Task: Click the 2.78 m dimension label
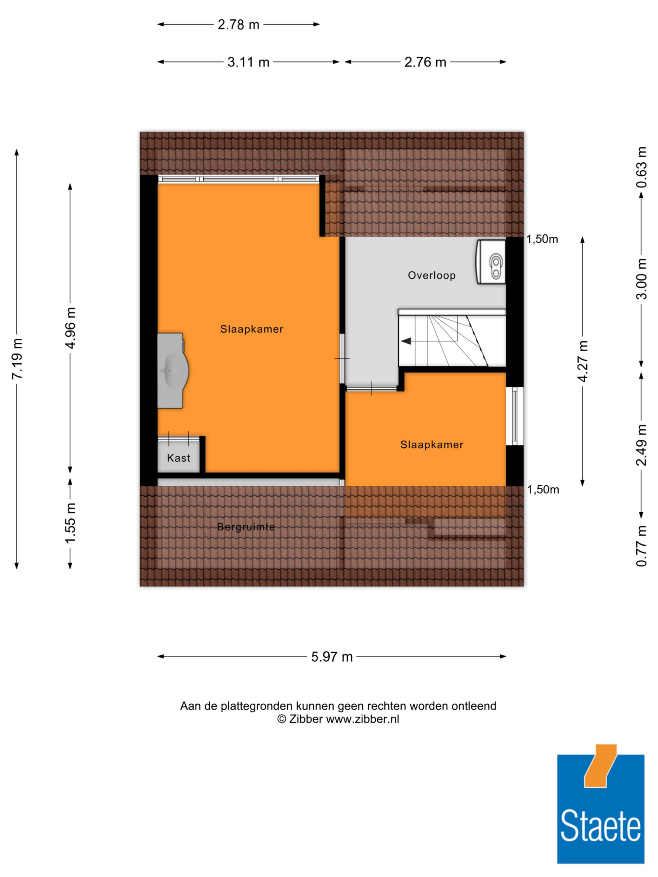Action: tap(239, 25)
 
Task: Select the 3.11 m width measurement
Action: tap(248, 62)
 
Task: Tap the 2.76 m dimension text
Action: tap(425, 62)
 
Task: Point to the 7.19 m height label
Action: tap(17, 358)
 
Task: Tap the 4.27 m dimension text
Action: tap(582, 361)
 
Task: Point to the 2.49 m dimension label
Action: tap(641, 445)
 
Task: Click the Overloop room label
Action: tap(432, 275)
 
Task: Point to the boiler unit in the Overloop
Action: tap(491, 262)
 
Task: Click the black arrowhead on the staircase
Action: tap(405, 341)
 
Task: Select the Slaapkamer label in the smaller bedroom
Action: tap(432, 445)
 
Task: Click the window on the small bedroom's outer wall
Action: tap(515, 416)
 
